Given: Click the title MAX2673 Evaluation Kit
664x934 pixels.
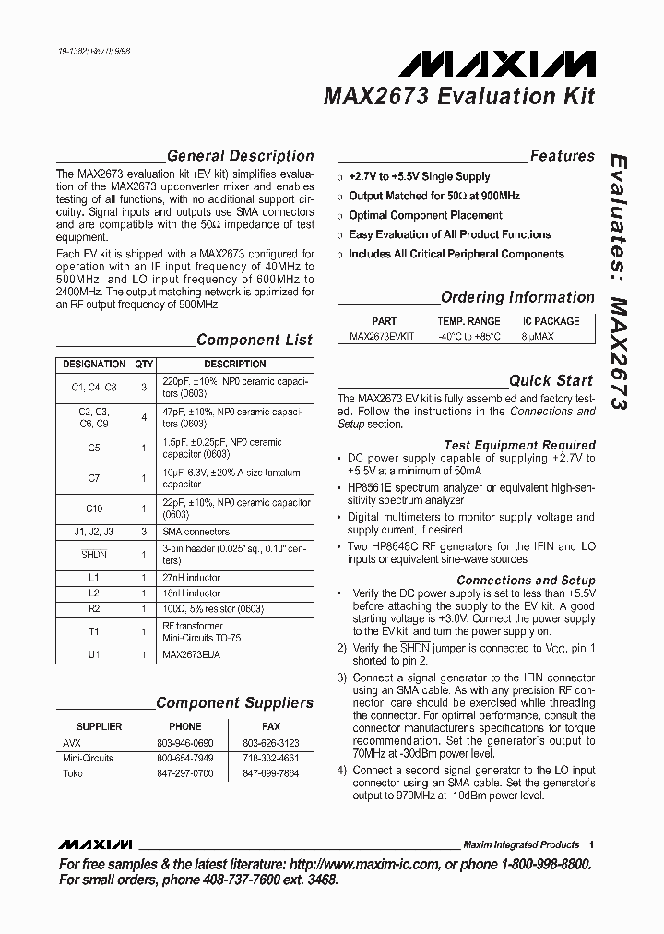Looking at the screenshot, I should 458,96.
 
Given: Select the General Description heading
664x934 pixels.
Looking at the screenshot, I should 240,156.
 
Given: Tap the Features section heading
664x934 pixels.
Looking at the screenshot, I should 562,156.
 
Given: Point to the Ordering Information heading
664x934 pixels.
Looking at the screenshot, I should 517,297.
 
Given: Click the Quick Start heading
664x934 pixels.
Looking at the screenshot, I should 551,380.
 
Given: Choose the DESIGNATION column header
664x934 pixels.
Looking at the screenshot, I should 93,364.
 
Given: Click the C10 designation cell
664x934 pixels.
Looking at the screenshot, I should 94,509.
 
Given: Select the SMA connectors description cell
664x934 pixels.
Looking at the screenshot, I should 196,532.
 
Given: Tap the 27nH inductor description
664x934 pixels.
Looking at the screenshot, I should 191,578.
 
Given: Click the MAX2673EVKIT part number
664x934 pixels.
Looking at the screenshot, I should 384,338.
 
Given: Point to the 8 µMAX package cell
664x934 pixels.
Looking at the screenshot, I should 551,338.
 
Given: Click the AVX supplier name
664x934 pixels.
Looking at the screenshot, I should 72,743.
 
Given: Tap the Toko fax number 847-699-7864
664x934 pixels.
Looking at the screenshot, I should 270,773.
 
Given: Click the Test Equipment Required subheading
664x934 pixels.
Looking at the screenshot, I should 519,445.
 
